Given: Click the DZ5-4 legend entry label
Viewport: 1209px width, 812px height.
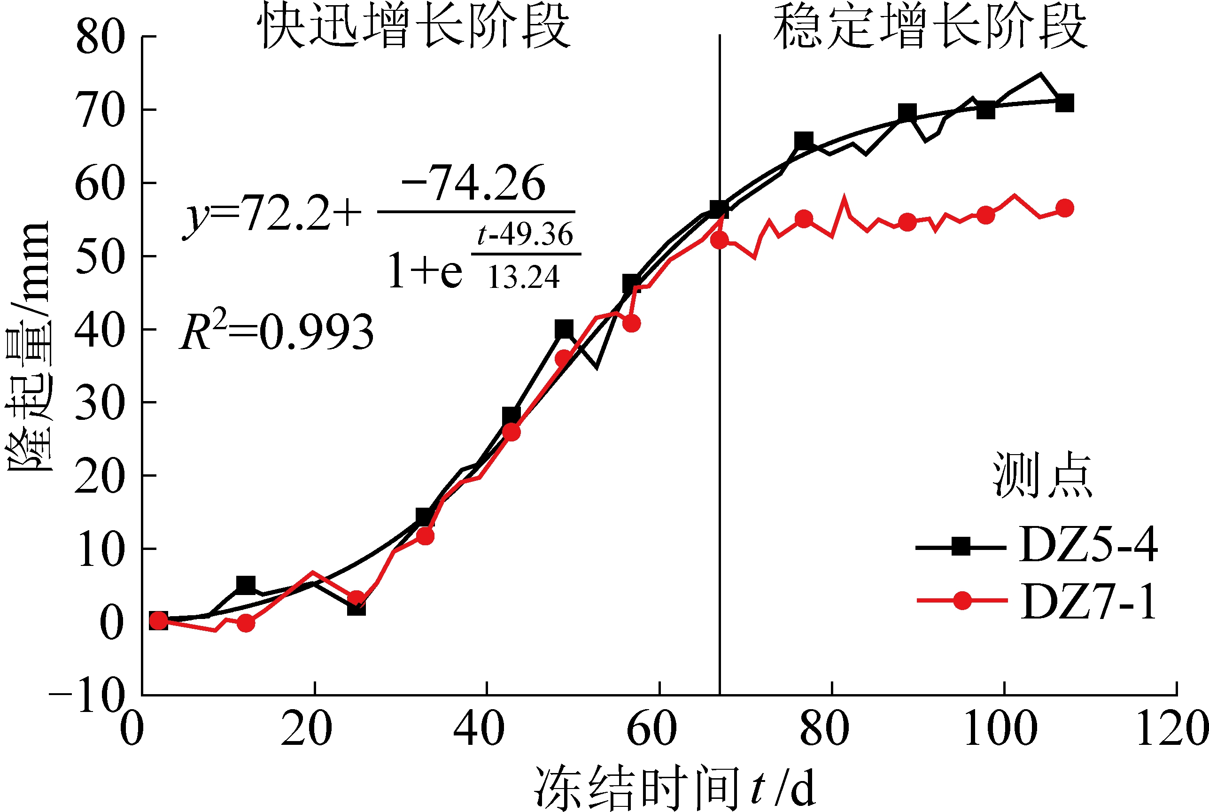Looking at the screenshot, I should click(1088, 545).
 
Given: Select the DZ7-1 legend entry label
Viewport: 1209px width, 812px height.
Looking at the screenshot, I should click(1088, 602).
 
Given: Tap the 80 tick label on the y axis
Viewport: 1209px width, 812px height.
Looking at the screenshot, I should click(100, 38).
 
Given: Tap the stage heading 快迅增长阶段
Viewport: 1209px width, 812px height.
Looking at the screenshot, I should click(414, 26).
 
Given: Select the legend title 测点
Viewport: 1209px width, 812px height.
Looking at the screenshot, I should click(1042, 475).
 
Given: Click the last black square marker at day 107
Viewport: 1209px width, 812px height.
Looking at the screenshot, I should click(1064, 103).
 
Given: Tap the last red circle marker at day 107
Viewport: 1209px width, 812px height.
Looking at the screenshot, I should click(1064, 208).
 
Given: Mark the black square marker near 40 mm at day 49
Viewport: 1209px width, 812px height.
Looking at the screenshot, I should click(564, 328).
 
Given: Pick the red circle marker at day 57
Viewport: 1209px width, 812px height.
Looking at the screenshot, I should click(631, 324).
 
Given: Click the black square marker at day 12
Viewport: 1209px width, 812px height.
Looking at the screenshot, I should click(246, 585).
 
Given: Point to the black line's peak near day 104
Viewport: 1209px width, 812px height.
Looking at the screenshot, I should click(1040, 75).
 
